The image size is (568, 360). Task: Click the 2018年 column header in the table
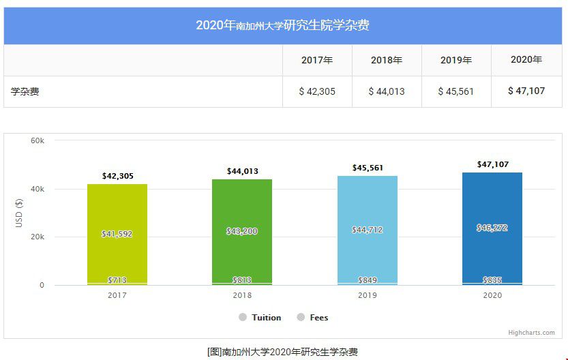[x=387, y=60]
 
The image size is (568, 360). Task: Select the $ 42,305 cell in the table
[x=317, y=91]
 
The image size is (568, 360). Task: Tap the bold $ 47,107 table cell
[x=526, y=91]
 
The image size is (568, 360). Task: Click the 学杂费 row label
[x=25, y=91]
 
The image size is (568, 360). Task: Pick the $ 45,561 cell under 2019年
[x=456, y=91]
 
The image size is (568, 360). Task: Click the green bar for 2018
[x=242, y=205]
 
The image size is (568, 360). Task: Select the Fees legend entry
[x=318, y=318]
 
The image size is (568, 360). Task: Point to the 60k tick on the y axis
[x=38, y=140]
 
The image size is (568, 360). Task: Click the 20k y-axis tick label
[x=38, y=237]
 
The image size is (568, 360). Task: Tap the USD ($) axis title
[x=19, y=213]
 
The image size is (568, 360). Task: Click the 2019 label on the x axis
[x=368, y=295]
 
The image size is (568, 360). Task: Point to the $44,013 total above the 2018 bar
[x=242, y=171]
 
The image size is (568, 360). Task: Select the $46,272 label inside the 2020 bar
[x=492, y=228]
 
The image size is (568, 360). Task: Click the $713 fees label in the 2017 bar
[x=117, y=280]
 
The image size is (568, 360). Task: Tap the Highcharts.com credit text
[x=531, y=333]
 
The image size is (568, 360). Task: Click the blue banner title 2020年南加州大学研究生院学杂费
[x=283, y=26]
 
